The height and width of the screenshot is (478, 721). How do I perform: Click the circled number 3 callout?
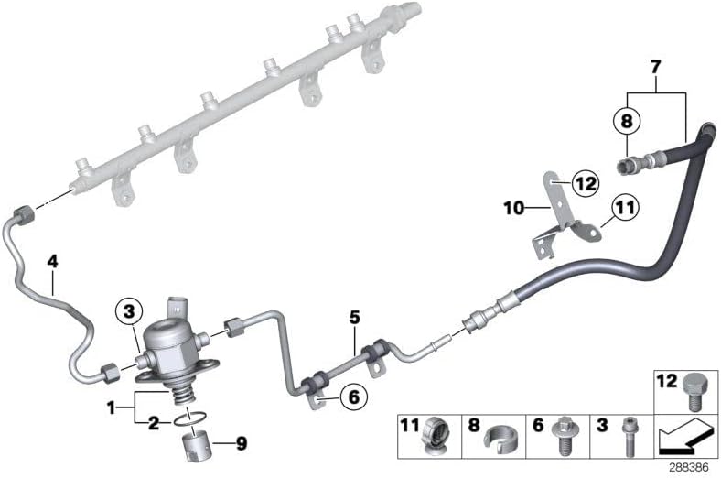[x=129, y=311]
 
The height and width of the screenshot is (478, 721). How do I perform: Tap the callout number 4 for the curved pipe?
[x=53, y=262]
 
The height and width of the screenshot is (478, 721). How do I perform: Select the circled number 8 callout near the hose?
[x=627, y=121]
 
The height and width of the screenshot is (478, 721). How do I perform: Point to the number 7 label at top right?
[x=656, y=67]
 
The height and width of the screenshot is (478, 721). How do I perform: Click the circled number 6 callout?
[x=353, y=397]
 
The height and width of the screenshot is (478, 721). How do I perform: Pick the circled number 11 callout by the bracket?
[x=624, y=208]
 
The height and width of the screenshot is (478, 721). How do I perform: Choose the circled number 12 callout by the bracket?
[x=586, y=183]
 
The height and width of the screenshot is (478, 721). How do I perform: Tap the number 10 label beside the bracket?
[x=514, y=209]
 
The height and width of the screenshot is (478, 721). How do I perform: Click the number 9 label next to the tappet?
[x=241, y=443]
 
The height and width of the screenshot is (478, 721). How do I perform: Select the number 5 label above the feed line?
[x=354, y=318]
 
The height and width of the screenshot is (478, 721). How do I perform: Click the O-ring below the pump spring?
[x=190, y=419]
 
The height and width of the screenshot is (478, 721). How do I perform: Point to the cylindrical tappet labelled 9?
[x=197, y=444]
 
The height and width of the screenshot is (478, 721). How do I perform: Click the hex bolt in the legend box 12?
[x=694, y=392]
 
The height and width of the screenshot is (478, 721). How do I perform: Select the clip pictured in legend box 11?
[x=436, y=436]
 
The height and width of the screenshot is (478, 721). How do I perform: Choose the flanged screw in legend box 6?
[x=564, y=436]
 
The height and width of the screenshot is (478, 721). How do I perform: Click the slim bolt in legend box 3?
[x=628, y=436]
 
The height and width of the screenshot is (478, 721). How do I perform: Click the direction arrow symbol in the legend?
[x=685, y=435]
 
